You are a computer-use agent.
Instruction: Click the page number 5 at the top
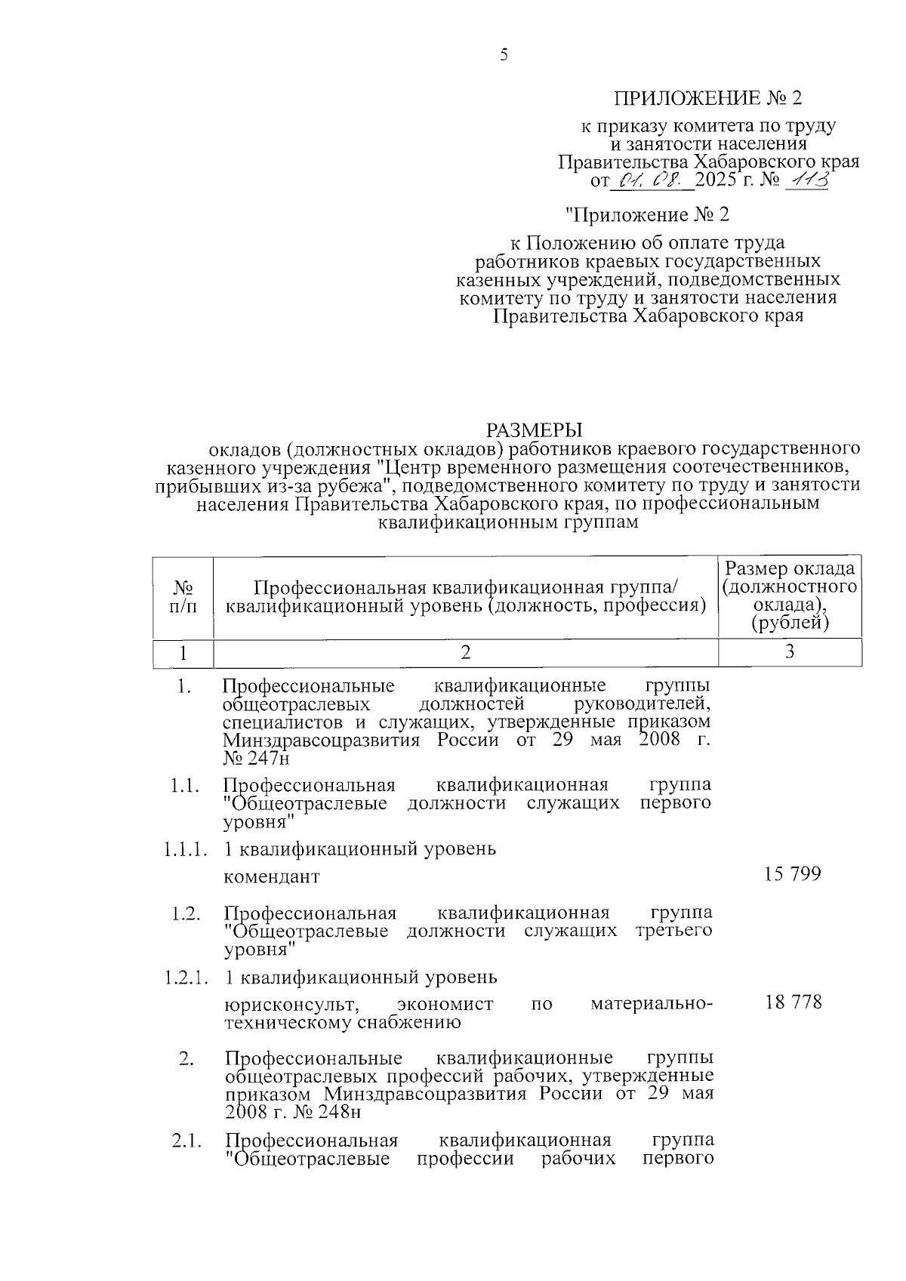[504, 54]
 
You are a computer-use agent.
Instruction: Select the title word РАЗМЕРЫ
[535, 430]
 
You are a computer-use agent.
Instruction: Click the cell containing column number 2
[466, 652]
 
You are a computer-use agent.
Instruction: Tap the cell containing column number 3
[789, 652]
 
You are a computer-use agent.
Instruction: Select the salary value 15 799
[792, 874]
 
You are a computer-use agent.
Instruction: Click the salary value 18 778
[793, 1002]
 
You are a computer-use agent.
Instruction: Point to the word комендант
[272, 877]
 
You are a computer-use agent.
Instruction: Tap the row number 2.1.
[186, 1141]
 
